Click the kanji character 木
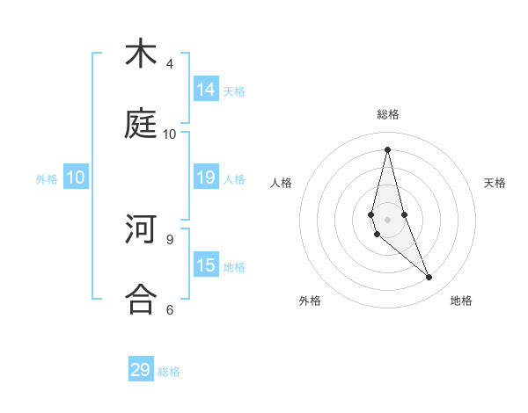[141, 54]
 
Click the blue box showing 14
[206, 89]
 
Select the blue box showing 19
[206, 178]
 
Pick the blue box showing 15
[206, 265]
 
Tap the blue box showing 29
[141, 370]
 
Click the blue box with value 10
[76, 178]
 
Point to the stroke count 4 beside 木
[170, 64]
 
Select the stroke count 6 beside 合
[170, 309]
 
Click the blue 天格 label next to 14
[234, 91]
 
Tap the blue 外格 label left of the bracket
[47, 179]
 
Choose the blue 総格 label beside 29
[169, 372]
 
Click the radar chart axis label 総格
[387, 114]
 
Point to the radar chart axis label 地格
[461, 301]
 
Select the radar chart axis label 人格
[282, 183]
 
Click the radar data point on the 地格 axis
[429, 278]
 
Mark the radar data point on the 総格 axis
[387, 149]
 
